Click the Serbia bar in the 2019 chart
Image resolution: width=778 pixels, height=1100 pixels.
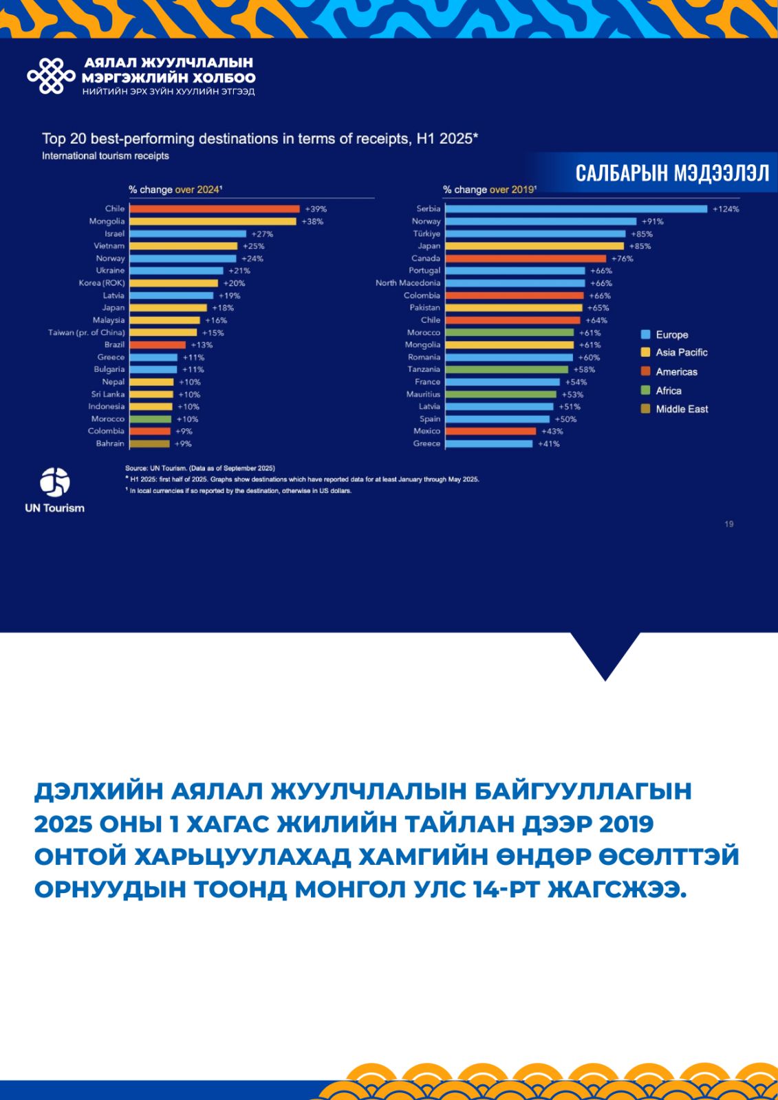[576, 209]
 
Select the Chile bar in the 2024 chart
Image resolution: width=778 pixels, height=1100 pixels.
[215, 209]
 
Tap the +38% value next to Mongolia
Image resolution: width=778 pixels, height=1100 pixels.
[312, 221]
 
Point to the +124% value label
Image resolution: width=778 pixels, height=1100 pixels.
[726, 209]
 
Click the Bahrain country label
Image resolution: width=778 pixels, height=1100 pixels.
[110, 443]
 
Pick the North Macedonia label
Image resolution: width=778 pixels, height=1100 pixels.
[408, 283]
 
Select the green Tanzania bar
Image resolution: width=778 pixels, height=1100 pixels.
[507, 369]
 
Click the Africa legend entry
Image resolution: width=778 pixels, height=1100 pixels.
[668, 390]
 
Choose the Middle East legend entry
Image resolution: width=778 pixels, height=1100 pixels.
[681, 409]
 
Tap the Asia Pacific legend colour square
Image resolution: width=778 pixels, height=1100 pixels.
[645, 352]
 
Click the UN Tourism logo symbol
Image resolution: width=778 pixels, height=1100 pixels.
[55, 482]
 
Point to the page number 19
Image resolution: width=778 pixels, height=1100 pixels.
[728, 524]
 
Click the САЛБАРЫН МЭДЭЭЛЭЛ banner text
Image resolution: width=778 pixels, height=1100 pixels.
[672, 173]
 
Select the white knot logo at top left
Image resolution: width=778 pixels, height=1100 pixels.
[51, 76]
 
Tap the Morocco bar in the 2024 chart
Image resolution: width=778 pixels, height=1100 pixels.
[151, 419]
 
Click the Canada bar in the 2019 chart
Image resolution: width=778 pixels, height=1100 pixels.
[526, 258]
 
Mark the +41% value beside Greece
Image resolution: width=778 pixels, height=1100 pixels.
[549, 443]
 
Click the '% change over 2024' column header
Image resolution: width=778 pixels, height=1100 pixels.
[175, 190]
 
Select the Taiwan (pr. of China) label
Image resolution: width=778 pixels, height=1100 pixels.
[87, 332]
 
